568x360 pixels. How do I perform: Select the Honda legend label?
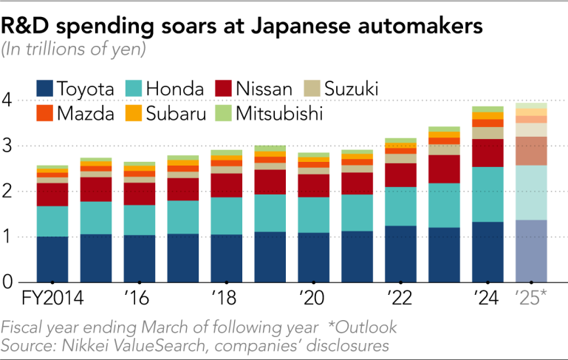(x=175, y=90)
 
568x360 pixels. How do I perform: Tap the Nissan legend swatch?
(x=224, y=90)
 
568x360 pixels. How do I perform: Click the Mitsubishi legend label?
(x=280, y=114)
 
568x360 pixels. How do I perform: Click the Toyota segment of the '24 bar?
(x=487, y=251)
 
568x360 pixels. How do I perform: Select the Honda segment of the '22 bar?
(x=400, y=206)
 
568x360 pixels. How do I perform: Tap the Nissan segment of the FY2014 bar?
(x=52, y=194)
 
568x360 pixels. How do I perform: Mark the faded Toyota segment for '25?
(x=530, y=251)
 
